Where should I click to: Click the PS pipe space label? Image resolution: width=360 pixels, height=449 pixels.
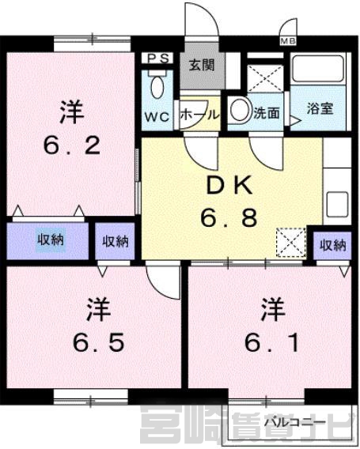pyautogui.click(x=158, y=58)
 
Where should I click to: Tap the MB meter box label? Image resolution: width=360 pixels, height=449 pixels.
pyautogui.click(x=288, y=41)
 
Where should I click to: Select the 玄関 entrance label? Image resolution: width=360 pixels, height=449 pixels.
pyautogui.click(x=202, y=66)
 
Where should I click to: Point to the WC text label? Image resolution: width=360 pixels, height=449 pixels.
pyautogui.click(x=157, y=116)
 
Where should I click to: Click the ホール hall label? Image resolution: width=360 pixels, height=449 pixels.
pyautogui.click(x=199, y=115)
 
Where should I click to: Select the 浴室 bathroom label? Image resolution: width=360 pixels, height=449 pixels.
pyautogui.click(x=320, y=108)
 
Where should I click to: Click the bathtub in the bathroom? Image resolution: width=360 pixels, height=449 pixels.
pyautogui.click(x=317, y=69)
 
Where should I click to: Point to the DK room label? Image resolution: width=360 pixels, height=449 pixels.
pyautogui.click(x=229, y=186)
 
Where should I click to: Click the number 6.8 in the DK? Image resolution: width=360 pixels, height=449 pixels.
pyautogui.click(x=229, y=218)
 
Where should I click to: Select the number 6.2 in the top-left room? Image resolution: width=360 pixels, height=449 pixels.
pyautogui.click(x=72, y=145)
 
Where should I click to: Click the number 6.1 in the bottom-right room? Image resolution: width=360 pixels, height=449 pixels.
pyautogui.click(x=271, y=342)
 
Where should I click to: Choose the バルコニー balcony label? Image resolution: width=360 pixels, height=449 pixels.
pyautogui.click(x=295, y=422)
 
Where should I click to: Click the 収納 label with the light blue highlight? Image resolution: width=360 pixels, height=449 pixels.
pyautogui.click(x=51, y=240)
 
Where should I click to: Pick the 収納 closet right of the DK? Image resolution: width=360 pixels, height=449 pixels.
pyautogui.click(x=333, y=245)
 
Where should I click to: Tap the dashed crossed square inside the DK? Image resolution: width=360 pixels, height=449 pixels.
pyautogui.click(x=290, y=242)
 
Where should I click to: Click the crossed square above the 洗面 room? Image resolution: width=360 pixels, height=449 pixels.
pyautogui.click(x=265, y=78)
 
